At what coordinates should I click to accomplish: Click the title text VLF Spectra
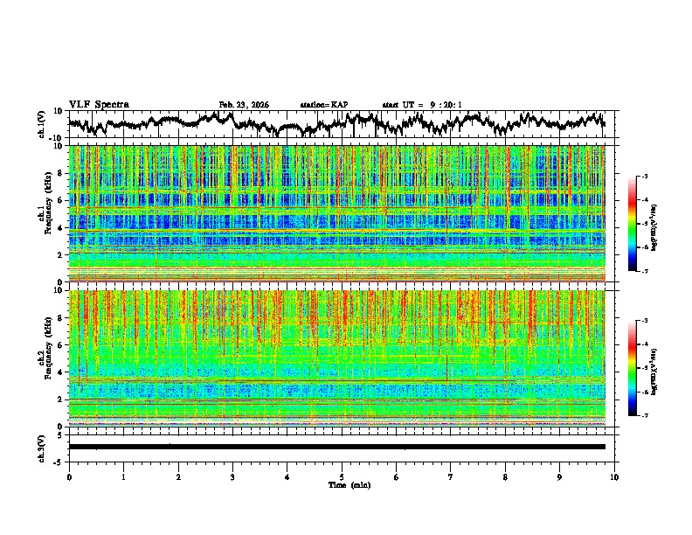pos(99,104)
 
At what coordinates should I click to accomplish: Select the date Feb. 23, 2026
pos(244,105)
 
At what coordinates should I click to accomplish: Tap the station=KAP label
pos(324,105)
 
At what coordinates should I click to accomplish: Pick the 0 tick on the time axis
pos(69,476)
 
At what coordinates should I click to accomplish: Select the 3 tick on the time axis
pos(233,476)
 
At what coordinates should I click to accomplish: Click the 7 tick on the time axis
pos(451,476)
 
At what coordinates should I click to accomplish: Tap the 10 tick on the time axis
pos(615,476)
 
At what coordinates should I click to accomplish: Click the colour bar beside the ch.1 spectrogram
pos(642,225)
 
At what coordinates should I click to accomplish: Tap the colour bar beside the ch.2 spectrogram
pos(642,368)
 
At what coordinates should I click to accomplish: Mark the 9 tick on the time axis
pos(560,476)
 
